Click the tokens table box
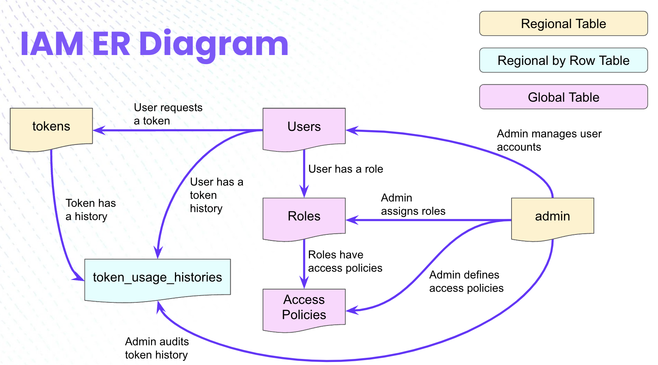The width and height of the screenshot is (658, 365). click(51, 127)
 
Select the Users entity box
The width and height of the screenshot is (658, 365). click(304, 127)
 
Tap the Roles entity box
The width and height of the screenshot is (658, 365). click(304, 217)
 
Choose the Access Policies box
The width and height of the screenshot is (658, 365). click(304, 308)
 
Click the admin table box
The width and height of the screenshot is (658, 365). click(553, 217)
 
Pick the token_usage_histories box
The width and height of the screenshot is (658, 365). click(157, 278)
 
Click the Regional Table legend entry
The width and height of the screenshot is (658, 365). click(563, 24)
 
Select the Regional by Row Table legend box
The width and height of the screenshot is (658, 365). click(563, 61)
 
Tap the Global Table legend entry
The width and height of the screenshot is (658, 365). click(563, 98)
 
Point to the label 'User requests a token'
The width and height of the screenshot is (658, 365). click(168, 114)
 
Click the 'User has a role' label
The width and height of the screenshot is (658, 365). click(345, 169)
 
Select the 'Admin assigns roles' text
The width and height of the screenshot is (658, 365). click(412, 205)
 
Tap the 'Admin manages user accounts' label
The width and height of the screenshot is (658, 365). click(549, 140)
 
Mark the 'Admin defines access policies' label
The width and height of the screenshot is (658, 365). click(466, 282)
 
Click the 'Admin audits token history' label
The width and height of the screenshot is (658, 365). click(157, 348)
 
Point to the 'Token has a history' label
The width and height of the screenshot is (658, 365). click(90, 210)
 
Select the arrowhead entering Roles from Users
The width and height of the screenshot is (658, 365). click(304, 192)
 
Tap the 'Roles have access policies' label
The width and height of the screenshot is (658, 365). click(345, 261)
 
